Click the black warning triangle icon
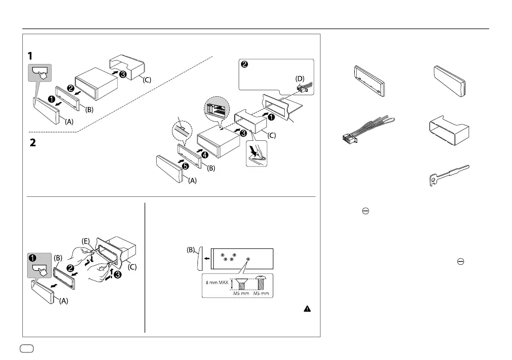307,308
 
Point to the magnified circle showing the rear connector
216,108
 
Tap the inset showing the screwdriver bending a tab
256,151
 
